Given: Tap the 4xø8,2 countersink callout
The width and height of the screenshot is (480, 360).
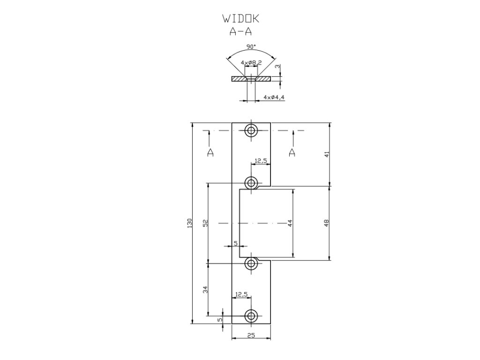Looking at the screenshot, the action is [251, 62].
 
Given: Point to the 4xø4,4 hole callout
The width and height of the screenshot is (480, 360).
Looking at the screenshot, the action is [274, 97].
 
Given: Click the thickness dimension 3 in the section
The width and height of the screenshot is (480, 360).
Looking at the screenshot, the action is [278, 67].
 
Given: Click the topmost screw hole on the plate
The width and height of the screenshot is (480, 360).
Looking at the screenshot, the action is [252, 130].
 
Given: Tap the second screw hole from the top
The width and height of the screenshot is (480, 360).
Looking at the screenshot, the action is [252, 182].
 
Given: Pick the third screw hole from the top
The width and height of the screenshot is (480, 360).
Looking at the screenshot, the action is [252, 263].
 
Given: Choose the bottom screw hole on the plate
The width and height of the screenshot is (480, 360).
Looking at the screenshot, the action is [252, 315].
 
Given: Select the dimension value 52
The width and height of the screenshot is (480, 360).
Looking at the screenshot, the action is [204, 223].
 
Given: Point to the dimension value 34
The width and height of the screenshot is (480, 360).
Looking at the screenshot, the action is [204, 290].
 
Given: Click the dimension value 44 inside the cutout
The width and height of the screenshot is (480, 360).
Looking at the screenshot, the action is [290, 223].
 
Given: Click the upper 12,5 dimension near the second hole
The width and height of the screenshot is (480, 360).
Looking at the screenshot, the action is [261, 161].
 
